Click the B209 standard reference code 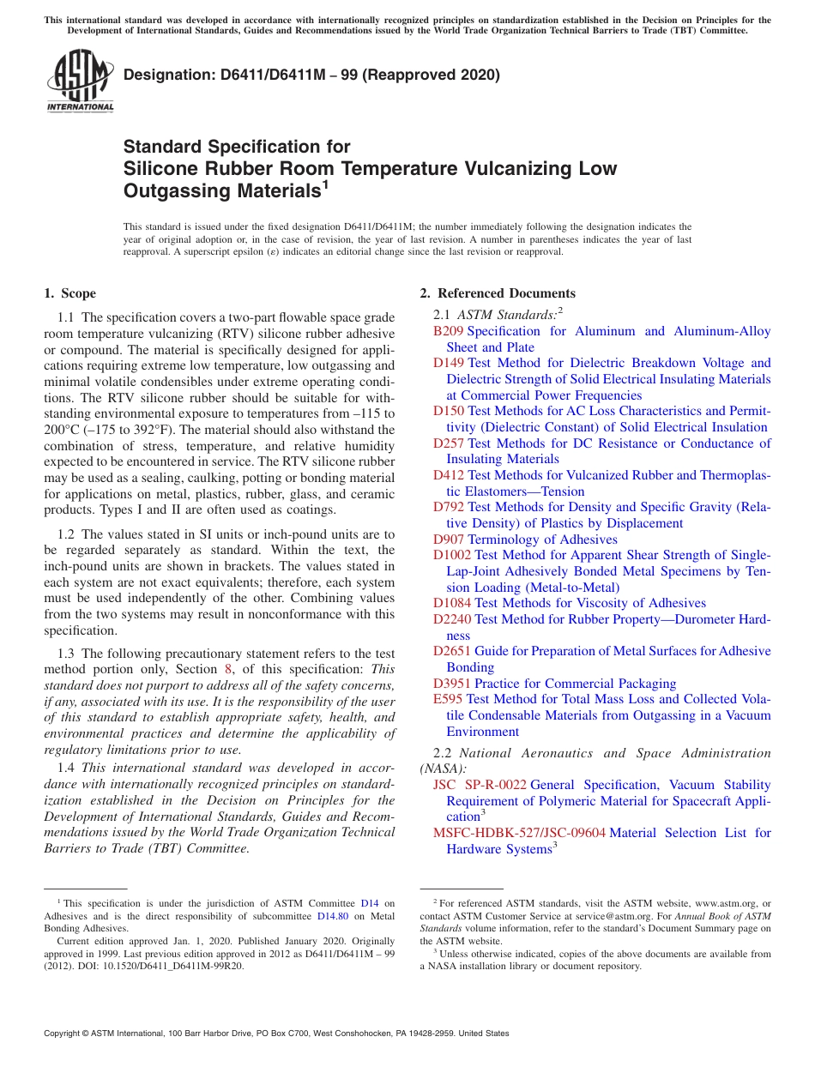point(448,331)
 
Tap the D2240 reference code point(452,619)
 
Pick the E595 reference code point(448,699)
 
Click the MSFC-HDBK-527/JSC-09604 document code point(519,833)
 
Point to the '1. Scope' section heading point(69,293)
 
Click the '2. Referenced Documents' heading point(498,293)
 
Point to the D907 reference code point(449,539)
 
